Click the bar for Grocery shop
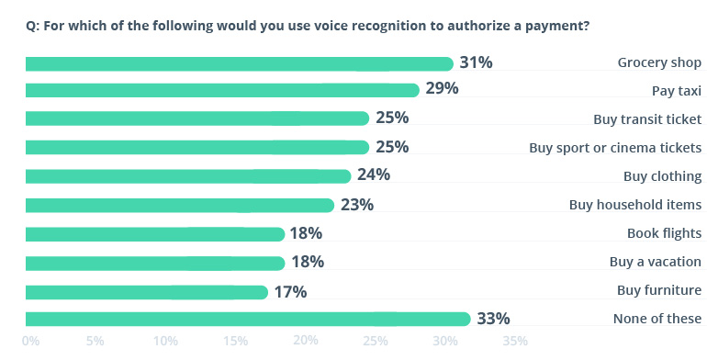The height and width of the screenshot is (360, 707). pyautogui.click(x=239, y=63)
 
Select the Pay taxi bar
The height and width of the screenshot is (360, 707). pyautogui.click(x=222, y=90)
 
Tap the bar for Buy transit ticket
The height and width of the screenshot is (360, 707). pyautogui.click(x=196, y=118)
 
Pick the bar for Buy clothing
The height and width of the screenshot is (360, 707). pyautogui.click(x=188, y=176)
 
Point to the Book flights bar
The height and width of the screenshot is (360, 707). pyautogui.click(x=155, y=233)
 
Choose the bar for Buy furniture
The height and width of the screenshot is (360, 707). pyautogui.click(x=147, y=292)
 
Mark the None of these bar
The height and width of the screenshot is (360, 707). pyautogui.click(x=248, y=319)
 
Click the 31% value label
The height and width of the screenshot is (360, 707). pyautogui.click(x=477, y=62)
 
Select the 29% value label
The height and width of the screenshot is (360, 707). pyautogui.click(x=442, y=89)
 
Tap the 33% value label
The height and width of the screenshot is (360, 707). pyautogui.click(x=493, y=319)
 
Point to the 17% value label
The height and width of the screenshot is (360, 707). pyautogui.click(x=290, y=292)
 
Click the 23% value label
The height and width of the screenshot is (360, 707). pyautogui.click(x=357, y=205)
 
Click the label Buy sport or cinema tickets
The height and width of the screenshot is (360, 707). pyautogui.click(x=615, y=147)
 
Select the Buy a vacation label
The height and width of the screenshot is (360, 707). pyautogui.click(x=656, y=262)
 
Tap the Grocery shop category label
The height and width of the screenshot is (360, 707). pyautogui.click(x=659, y=62)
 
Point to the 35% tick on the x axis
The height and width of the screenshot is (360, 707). pyautogui.click(x=515, y=342)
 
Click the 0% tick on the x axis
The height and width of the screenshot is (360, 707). pyautogui.click(x=30, y=342)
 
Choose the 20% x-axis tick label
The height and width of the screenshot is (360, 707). pyautogui.click(x=306, y=342)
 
